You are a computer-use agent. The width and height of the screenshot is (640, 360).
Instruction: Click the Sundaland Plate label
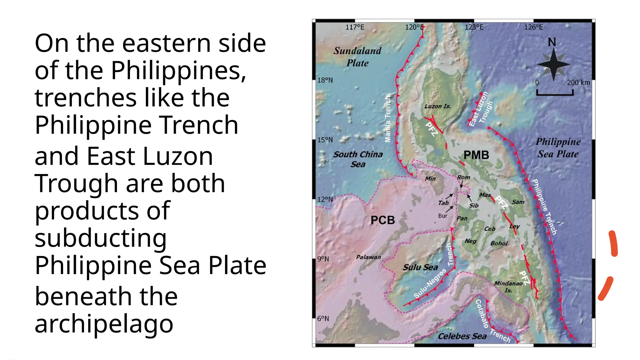[357, 57]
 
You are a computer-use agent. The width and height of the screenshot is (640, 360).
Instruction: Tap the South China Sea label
[358, 159]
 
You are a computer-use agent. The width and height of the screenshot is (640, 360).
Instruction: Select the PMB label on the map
[476, 155]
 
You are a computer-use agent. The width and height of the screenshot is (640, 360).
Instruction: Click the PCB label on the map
[382, 220]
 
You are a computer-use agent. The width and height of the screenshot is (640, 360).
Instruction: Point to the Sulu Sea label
[420, 267]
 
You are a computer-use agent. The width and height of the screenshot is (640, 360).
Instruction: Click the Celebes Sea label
[462, 336]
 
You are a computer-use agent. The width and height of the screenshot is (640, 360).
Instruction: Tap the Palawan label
[368, 257]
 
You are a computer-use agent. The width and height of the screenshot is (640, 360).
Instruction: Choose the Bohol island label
[499, 243]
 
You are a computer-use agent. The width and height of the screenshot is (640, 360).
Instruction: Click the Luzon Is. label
[437, 106]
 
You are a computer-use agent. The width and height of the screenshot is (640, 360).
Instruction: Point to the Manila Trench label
[388, 119]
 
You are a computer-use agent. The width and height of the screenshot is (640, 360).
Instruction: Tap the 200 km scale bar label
[578, 82]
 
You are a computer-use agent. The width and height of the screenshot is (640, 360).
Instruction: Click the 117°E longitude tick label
[355, 27]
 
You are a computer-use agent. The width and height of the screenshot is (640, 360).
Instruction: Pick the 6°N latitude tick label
[323, 318]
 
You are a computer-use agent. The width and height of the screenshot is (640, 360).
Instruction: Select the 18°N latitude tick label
[325, 80]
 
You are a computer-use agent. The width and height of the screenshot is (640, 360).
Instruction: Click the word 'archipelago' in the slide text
[104, 324]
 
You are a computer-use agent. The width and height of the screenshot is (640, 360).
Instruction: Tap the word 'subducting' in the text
[101, 238]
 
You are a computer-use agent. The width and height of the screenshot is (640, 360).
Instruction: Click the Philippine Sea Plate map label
[558, 148]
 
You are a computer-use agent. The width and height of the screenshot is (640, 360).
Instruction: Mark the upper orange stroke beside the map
[613, 244]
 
